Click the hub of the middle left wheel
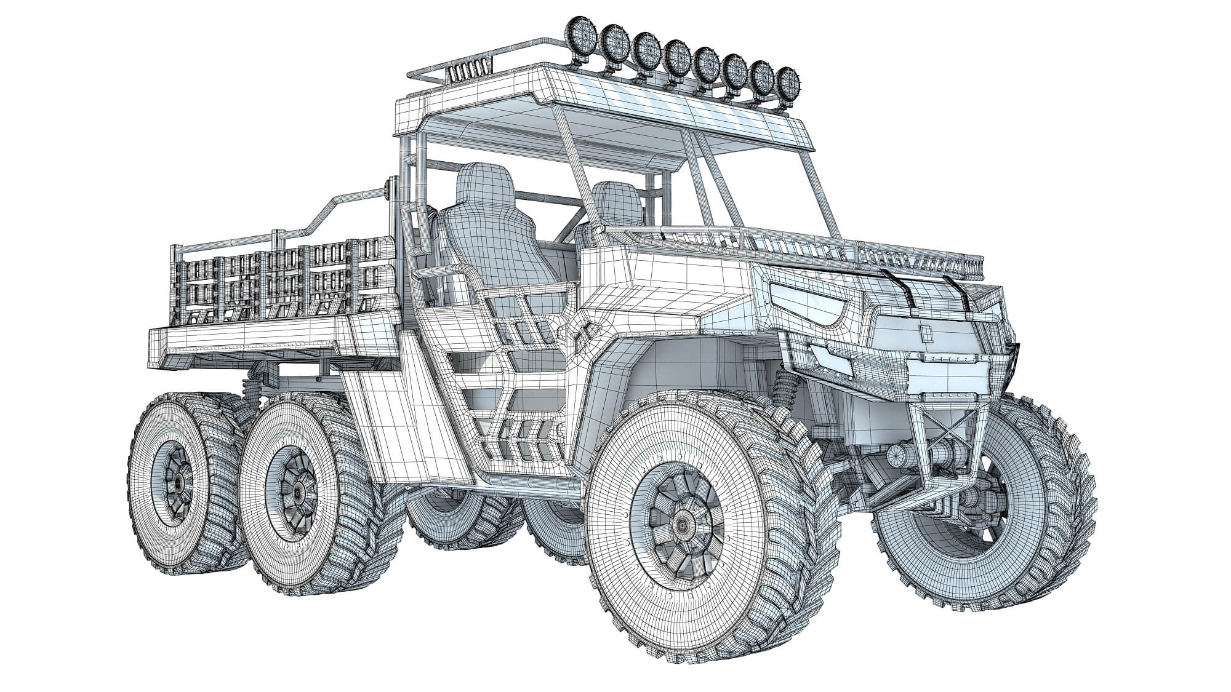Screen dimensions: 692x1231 coord(297,490)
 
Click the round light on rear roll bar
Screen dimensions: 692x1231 coord(390,188)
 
